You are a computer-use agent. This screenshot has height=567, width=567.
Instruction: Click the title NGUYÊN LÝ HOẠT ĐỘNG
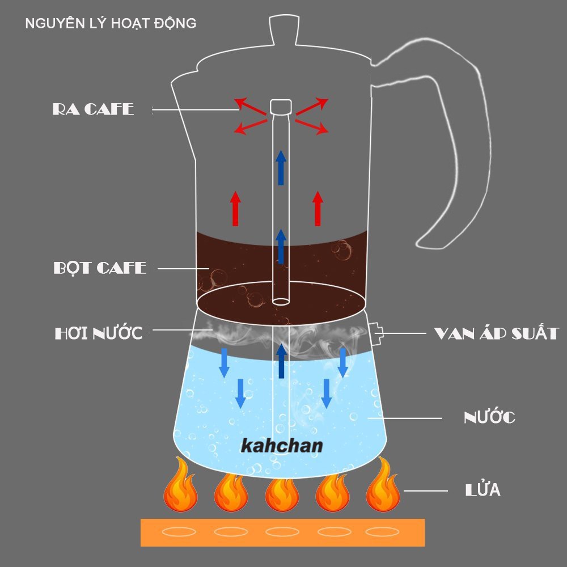[111, 23]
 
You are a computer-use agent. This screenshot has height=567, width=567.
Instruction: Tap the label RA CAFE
[94, 109]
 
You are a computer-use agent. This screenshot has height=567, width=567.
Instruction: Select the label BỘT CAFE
[100, 268]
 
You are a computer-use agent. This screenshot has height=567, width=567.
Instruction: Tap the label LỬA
[483, 489]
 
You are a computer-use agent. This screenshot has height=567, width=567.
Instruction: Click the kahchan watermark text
[282, 446]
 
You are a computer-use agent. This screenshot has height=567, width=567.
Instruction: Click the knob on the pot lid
[284, 30]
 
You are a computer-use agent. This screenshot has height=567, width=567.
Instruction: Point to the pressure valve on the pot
[376, 333]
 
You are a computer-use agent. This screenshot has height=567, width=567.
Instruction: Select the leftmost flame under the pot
[180, 485]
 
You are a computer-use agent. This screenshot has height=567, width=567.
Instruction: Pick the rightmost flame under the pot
[383, 485]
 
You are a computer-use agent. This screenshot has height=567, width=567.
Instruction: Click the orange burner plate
[283, 532]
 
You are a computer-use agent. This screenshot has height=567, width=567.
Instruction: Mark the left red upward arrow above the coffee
[235, 209]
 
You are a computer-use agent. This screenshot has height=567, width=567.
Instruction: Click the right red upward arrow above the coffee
[318, 209]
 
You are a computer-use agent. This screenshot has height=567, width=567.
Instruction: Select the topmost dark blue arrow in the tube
[281, 167]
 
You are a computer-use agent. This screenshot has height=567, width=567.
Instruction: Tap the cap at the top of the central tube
[281, 107]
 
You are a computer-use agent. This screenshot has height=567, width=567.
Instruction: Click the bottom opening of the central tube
[281, 301]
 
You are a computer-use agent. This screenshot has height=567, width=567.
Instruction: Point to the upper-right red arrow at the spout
[311, 106]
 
